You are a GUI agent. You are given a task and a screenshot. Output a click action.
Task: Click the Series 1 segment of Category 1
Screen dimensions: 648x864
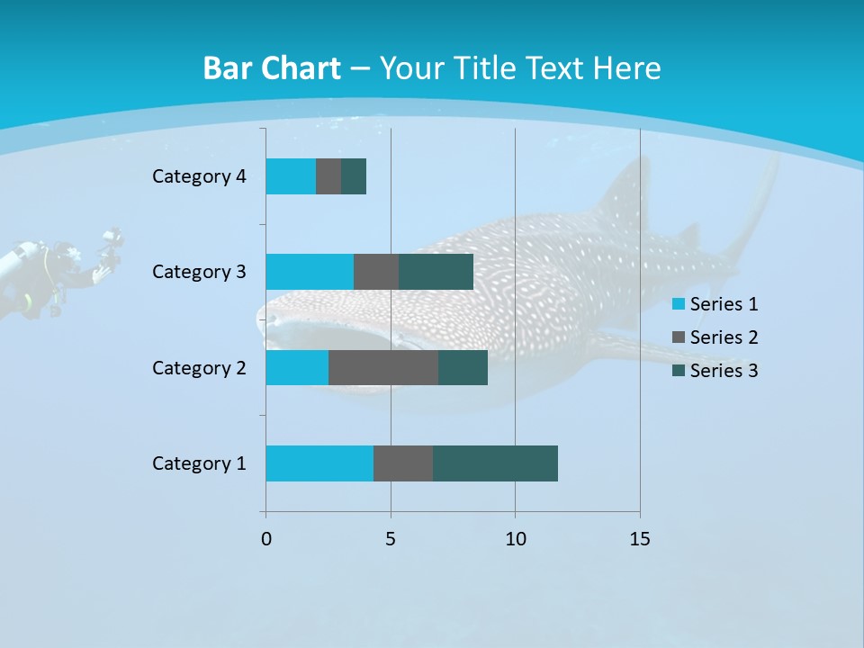[x=319, y=463]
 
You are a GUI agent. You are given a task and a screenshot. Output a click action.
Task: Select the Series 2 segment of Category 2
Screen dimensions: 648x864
[x=383, y=368]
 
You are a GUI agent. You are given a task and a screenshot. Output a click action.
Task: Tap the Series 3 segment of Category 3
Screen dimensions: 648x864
[x=436, y=272]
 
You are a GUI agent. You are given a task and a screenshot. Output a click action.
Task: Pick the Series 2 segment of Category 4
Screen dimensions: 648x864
[x=328, y=176]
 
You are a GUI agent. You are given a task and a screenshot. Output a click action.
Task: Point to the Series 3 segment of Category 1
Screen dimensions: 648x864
[x=495, y=463]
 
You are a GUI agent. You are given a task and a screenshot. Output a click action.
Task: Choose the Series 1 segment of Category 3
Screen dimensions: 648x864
[x=310, y=272]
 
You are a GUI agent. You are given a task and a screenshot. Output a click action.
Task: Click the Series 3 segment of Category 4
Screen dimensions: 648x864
[x=354, y=176]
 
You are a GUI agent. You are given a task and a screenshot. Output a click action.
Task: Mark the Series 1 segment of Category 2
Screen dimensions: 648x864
[x=297, y=368]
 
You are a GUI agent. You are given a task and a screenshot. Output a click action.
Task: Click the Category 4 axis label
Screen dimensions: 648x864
[x=199, y=176]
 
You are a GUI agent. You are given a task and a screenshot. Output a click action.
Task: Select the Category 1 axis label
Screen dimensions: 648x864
[x=199, y=463]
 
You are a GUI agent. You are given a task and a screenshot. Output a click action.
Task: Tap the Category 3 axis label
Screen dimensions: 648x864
[x=199, y=272]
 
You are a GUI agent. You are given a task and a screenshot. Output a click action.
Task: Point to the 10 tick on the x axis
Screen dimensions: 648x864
[x=515, y=539]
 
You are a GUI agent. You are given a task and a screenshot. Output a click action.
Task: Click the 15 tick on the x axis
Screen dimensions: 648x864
[x=640, y=539]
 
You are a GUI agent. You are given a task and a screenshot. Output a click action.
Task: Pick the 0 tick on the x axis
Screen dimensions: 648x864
[x=266, y=539]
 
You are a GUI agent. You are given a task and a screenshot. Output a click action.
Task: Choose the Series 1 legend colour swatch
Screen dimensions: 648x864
[x=679, y=304]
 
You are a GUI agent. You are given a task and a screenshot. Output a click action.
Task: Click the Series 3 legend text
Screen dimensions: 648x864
[x=724, y=371]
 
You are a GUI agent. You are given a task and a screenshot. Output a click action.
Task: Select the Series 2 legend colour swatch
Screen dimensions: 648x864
[x=679, y=337]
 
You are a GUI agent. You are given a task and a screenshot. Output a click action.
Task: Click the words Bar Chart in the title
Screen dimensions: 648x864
[x=272, y=68]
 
